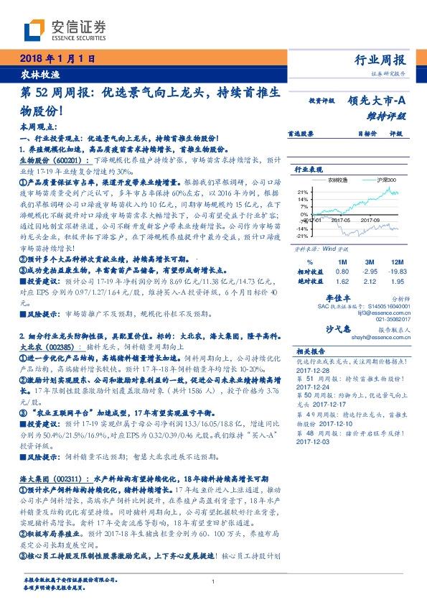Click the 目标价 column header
367,133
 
